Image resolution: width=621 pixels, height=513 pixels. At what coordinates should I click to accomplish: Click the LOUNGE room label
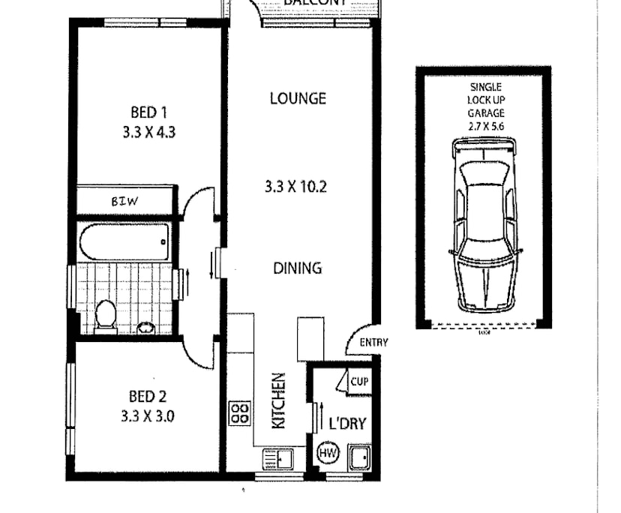coord(298,98)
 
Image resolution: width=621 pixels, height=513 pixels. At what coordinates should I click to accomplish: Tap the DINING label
coord(298,267)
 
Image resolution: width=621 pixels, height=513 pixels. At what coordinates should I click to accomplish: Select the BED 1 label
coord(148,112)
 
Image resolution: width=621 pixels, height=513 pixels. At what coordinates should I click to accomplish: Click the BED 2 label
coord(148,396)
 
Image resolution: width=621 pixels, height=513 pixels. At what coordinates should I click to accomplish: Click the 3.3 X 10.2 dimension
coord(296,187)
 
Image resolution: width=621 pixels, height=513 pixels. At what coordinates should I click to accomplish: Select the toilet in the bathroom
coord(106,315)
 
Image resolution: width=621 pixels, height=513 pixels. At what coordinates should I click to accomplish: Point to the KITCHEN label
coord(278,400)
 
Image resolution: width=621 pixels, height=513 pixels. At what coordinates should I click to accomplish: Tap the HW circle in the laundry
coord(328,453)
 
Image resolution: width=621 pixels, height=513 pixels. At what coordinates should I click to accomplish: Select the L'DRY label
coord(347,424)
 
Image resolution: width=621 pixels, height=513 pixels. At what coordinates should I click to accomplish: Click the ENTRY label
coord(373,343)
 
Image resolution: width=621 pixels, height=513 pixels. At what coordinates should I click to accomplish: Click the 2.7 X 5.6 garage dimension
coord(484,126)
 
